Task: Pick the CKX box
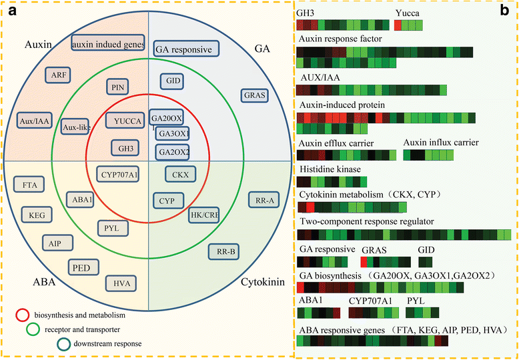178,175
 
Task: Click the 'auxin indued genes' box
107,44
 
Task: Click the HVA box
122,283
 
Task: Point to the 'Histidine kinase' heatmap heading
329,169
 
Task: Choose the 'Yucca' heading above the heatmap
407,11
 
